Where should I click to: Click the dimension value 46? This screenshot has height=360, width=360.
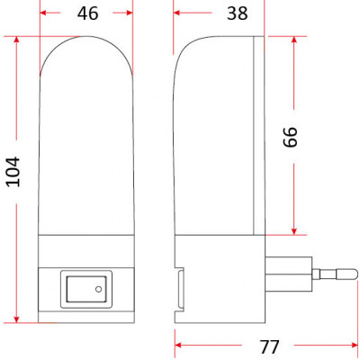[x=87, y=13]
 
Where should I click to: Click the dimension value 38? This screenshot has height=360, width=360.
[x=238, y=13]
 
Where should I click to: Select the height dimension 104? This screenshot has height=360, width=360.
[x=13, y=172]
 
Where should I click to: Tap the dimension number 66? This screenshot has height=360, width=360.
[x=290, y=137]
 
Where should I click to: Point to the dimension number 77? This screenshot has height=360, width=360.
[x=269, y=346]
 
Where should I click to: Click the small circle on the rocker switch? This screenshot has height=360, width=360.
[x=98, y=289]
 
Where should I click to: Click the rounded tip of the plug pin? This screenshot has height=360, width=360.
[x=355, y=274]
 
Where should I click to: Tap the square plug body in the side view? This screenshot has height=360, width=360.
[x=289, y=274]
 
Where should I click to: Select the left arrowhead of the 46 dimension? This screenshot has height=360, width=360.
[x=43, y=13]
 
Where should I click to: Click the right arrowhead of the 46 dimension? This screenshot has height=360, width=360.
[x=130, y=13]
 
